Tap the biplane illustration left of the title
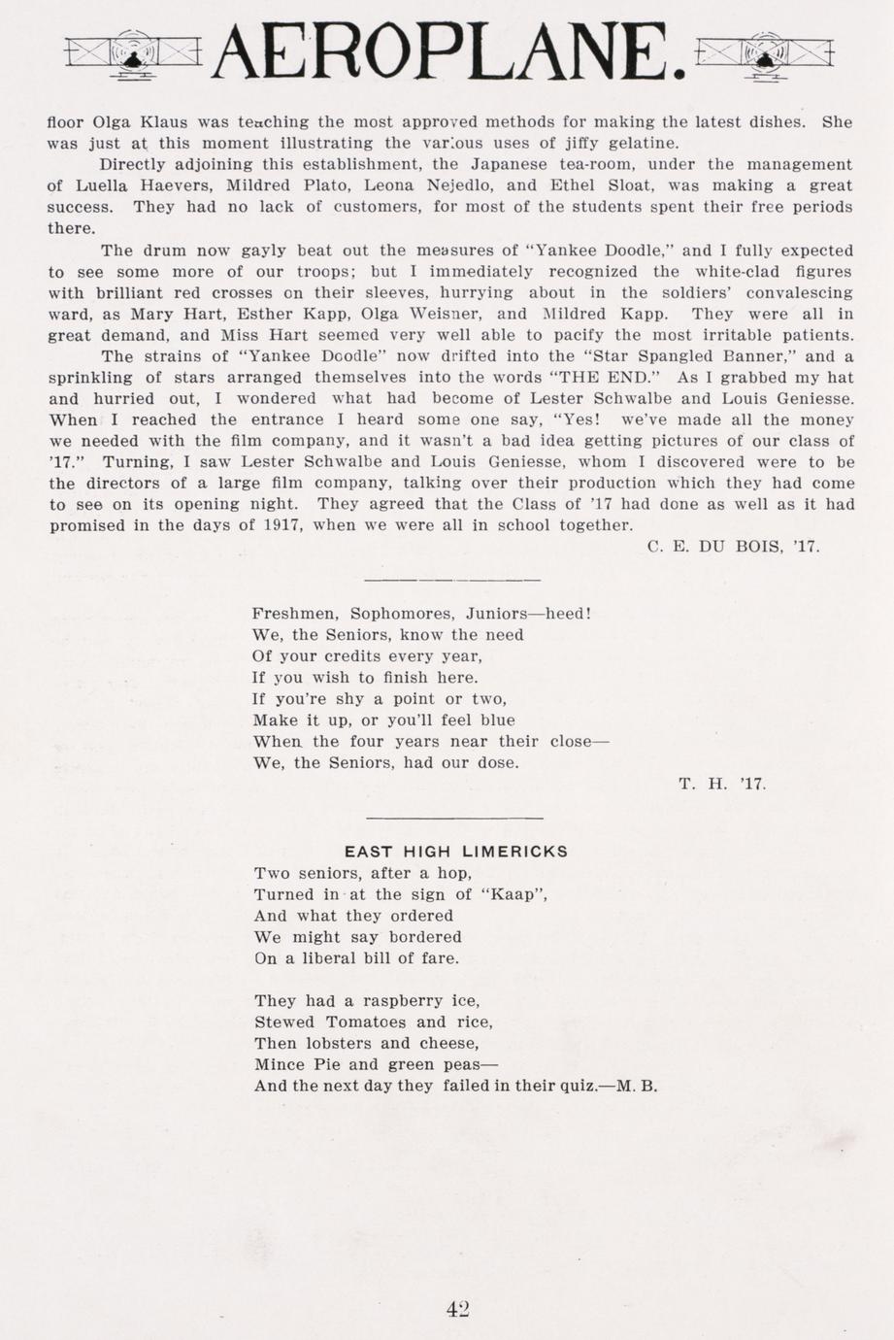pos(132,52)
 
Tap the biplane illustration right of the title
pos(766,52)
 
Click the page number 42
pos(458,1308)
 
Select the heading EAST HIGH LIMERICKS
pos(456,852)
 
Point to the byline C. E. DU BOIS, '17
pos(733,547)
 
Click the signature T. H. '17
pos(723,784)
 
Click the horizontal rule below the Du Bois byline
pos(452,581)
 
